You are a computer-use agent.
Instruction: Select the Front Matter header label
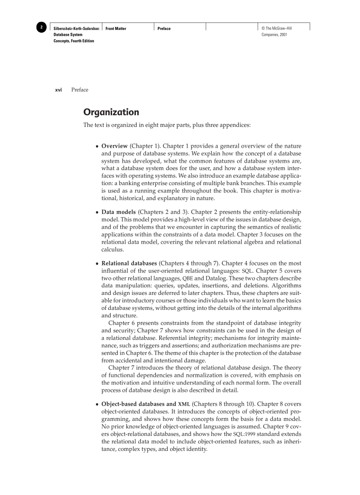[x=116, y=29]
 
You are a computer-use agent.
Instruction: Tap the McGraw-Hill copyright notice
[x=277, y=31]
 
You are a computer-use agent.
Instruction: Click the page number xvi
[x=58, y=90]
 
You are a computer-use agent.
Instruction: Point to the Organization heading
[x=111, y=112]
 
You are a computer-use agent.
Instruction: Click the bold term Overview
[x=115, y=146]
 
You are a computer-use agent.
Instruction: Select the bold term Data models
[x=119, y=212]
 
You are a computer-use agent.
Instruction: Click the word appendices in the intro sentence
[x=235, y=125]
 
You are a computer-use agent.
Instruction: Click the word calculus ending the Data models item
[x=112, y=249]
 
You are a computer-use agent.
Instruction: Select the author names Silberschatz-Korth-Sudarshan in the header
[x=76, y=29]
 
